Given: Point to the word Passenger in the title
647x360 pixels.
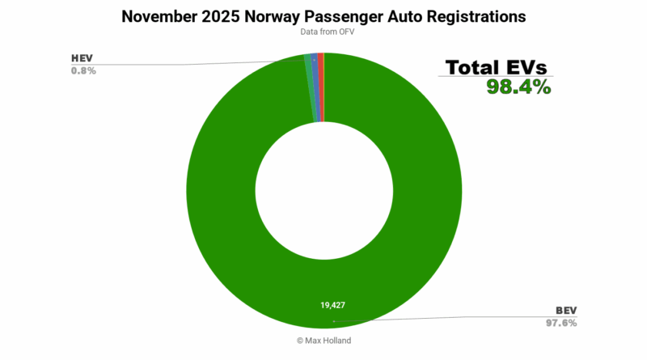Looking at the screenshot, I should [x=353, y=15].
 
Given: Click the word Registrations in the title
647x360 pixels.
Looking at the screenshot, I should [x=480, y=15].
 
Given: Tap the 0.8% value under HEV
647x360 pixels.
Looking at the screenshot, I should [x=83, y=71].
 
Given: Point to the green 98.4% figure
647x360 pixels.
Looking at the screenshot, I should [x=518, y=87].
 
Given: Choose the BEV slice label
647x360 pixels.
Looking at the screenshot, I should [x=565, y=311].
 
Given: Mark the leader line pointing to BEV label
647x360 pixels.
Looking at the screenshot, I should [x=445, y=318].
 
